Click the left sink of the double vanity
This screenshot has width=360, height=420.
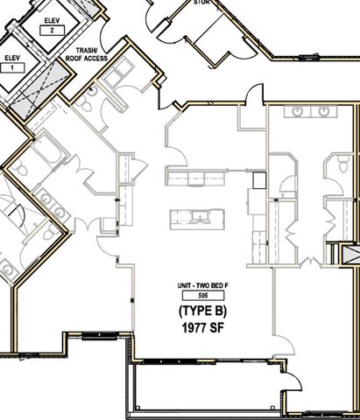(x=298, y=112)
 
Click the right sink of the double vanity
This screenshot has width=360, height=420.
(x=324, y=112)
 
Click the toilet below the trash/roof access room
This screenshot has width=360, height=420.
(x=90, y=104)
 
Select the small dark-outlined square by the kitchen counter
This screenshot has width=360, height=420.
(x=259, y=180)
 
